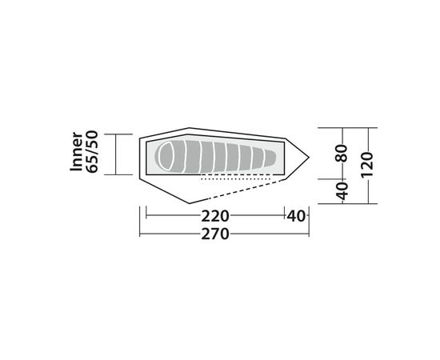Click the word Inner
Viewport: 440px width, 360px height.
click(77, 151)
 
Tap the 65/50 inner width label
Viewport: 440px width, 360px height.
click(92, 151)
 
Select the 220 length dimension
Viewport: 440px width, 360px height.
click(215, 216)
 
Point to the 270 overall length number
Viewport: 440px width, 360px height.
click(215, 234)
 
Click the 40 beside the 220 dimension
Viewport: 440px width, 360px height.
click(296, 216)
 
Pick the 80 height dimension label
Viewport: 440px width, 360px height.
click(342, 154)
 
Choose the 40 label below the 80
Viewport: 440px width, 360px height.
click(342, 191)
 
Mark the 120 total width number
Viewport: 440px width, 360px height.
click(367, 165)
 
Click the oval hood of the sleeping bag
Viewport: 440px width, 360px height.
click(167, 156)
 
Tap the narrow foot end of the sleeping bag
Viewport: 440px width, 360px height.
click(270, 158)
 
